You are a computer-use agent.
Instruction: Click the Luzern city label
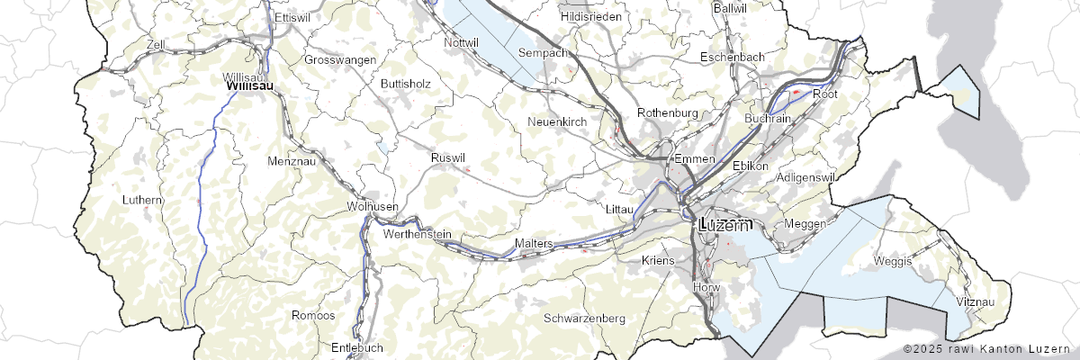tap(724, 225)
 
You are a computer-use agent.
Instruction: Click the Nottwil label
tap(462, 41)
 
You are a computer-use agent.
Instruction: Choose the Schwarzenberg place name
tap(585, 319)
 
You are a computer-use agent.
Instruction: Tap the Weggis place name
tap(893, 261)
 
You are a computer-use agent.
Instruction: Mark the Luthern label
tap(144, 200)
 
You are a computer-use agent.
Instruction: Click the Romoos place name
tap(313, 315)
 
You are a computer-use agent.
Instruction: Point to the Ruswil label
tap(448, 157)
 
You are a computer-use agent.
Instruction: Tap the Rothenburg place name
tap(667, 112)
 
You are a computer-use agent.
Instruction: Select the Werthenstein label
tap(417, 234)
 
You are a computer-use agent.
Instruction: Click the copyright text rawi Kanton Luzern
tap(988, 348)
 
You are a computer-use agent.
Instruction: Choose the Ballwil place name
tap(729, 7)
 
